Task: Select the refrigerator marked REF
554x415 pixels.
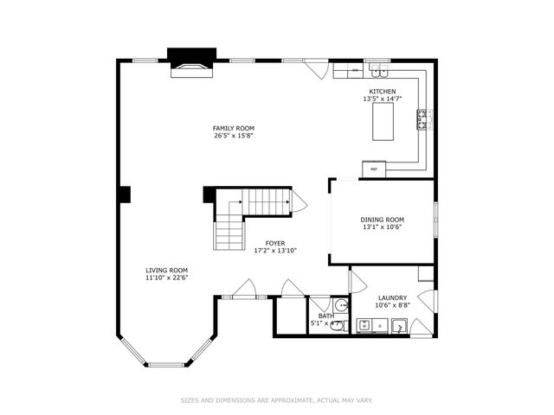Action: coord(374,168)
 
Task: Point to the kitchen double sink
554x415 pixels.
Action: coord(377,67)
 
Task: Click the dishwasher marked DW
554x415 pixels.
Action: coord(355,69)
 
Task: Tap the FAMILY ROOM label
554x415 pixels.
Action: coord(234,128)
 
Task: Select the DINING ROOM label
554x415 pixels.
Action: coord(382,220)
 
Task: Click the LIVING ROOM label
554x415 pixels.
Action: coord(166,270)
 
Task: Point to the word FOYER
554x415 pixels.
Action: coord(275,244)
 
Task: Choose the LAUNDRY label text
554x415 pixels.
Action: coord(391,298)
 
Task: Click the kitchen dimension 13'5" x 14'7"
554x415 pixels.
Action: coord(382,99)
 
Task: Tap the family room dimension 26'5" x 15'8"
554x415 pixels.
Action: coord(234,136)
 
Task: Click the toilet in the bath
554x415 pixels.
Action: coord(338,327)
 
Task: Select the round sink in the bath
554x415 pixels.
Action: coord(341,305)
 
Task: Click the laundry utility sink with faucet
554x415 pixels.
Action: coord(400,326)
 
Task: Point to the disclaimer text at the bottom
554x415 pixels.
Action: coord(277,400)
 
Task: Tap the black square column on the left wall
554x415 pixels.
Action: coord(125,195)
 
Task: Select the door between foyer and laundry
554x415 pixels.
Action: coord(357,281)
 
